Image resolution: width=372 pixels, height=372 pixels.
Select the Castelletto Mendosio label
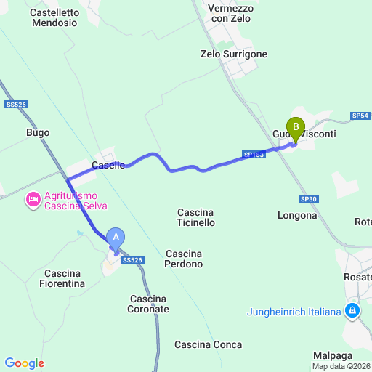[54, 17]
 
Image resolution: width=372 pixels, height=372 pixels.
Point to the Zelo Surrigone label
[234, 54]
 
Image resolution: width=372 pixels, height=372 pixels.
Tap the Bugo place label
[38, 132]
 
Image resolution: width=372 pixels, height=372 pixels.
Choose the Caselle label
[108, 165]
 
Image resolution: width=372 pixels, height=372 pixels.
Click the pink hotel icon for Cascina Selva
[33, 200]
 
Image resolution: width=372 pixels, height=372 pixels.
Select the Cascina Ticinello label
[195, 217]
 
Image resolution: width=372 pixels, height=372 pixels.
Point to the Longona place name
[297, 215]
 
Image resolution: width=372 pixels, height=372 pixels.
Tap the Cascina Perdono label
[184, 259]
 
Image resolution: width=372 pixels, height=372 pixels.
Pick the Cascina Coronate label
[150, 304]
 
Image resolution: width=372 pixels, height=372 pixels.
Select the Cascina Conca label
[209, 344]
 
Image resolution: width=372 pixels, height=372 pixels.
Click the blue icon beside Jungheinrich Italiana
[352, 312]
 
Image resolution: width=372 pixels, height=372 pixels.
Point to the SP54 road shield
[360, 116]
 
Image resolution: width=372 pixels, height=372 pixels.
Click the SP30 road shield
[308, 198]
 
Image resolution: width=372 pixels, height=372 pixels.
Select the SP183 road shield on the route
[254, 155]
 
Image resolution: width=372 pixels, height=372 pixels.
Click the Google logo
[24, 363]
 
